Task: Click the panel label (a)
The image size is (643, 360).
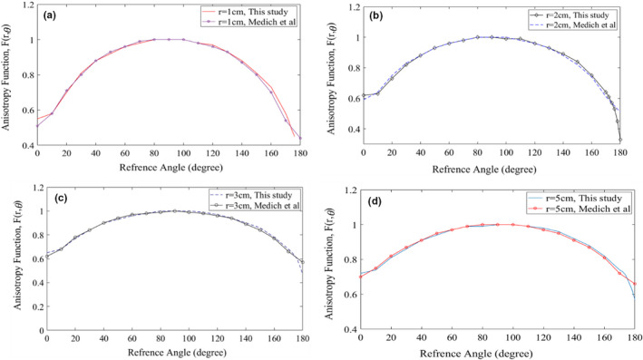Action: (51, 16)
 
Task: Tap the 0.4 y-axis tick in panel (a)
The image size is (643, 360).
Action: (28, 145)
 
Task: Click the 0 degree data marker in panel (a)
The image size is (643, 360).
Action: (37, 125)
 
